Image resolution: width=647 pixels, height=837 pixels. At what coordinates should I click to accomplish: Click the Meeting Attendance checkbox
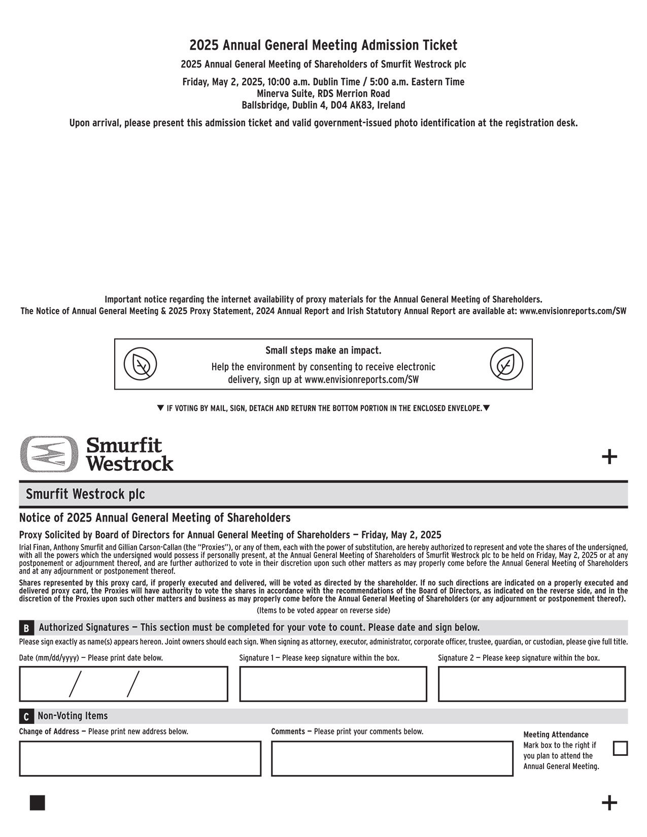pos(620,748)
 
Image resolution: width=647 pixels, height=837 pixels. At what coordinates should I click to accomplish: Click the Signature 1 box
pos(333,684)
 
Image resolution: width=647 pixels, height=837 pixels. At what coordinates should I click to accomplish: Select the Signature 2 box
pos(531,684)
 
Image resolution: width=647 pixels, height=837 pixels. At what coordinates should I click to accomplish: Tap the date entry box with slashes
pos(123,684)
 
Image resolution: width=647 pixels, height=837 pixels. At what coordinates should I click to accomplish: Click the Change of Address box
pos(140,758)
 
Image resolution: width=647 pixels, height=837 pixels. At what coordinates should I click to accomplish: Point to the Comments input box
pos(392,758)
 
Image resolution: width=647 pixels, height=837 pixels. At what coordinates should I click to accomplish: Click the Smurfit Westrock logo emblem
pos(49,454)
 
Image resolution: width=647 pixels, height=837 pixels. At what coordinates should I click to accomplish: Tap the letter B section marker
pos(26,629)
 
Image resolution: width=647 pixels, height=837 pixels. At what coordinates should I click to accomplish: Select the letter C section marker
pos(26,717)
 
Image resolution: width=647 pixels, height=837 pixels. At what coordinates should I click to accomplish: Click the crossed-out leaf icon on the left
pos(141,364)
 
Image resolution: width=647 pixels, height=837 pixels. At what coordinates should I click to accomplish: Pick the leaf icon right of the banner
pos(506,364)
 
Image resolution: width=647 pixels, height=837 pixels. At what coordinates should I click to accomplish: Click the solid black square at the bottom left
pos(38,803)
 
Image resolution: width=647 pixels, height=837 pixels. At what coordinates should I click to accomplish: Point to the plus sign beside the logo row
pos(609,457)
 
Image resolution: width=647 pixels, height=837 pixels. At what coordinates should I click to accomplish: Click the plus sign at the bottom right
pos(609,803)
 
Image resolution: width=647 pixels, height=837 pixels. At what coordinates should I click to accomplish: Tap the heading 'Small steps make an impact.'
pos(323,351)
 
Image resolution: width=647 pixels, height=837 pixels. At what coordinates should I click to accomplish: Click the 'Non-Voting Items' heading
pos(73,716)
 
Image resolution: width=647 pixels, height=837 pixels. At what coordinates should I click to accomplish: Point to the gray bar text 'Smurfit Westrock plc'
pos(85,494)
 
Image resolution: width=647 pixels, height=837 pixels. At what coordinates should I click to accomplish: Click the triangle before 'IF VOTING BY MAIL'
pos(160,408)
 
